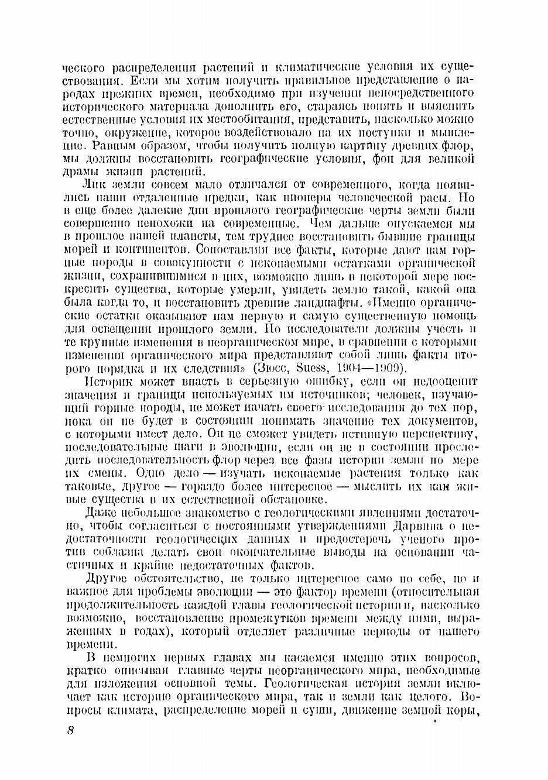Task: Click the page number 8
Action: click(70, 731)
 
